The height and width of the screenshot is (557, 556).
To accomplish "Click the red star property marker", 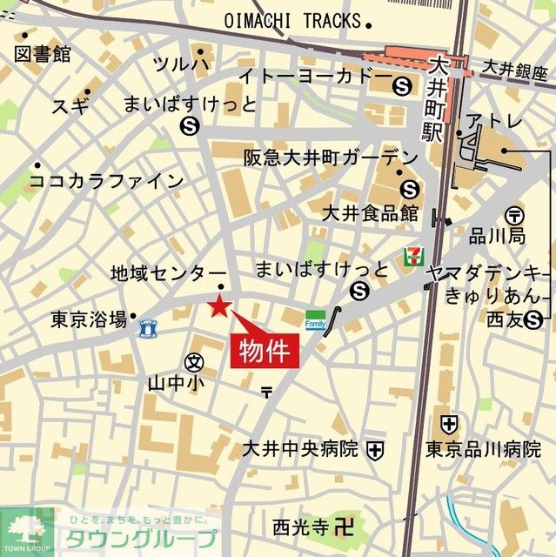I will click(218, 305).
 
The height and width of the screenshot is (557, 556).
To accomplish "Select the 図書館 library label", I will click(43, 54).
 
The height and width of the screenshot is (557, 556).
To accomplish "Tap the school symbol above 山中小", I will click(194, 361).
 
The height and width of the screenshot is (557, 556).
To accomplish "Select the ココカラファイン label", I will click(106, 181).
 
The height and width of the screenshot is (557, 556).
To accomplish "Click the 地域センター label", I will click(168, 273).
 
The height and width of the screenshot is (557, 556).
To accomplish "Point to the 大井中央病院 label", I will click(299, 450).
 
